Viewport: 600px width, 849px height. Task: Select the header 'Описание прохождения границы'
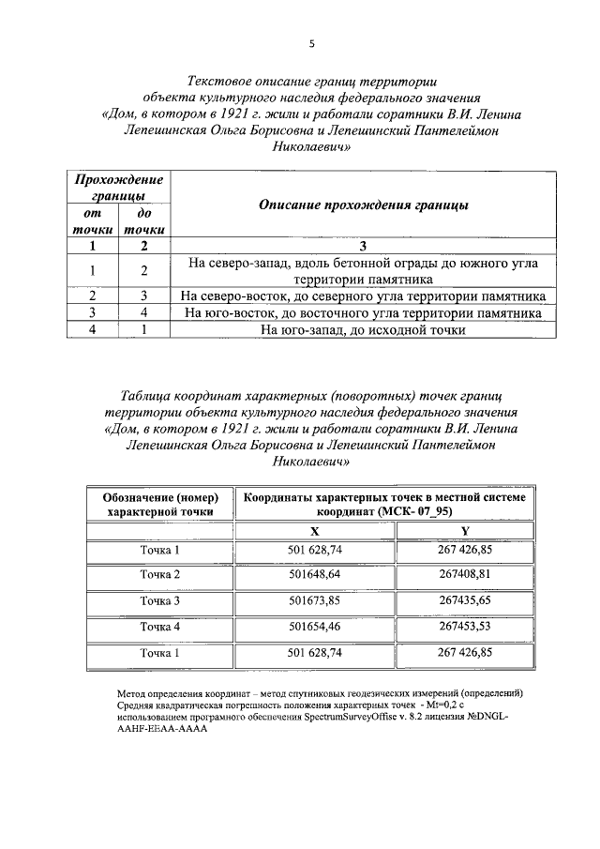click(x=363, y=204)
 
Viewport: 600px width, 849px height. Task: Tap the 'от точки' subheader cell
click(x=93, y=221)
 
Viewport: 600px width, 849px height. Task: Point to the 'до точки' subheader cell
click(x=144, y=221)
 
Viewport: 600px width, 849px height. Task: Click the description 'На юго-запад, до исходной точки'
click(x=362, y=329)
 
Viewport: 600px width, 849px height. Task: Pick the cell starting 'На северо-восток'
click(x=362, y=296)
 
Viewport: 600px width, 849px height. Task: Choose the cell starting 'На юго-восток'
click(x=362, y=312)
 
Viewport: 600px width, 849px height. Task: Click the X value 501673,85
click(x=313, y=599)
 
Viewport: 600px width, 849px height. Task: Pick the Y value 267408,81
click(x=464, y=574)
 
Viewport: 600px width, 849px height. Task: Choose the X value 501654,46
click(x=313, y=626)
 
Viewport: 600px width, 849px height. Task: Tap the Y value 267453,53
click(x=464, y=626)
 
